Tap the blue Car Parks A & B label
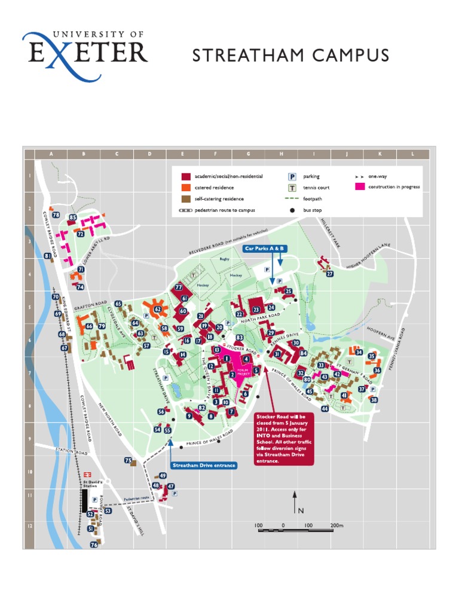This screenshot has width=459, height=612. tap(264, 247)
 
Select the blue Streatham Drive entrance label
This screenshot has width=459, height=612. tap(204, 465)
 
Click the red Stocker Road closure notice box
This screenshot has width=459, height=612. tap(284, 438)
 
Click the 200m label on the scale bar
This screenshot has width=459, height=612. tap(336, 526)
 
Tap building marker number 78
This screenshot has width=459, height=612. tap(56, 215)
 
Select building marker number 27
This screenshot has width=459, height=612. tap(329, 274)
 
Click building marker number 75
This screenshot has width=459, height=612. tap(128, 460)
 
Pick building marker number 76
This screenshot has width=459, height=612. tap(94, 544)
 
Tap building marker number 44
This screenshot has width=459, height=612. tap(325, 409)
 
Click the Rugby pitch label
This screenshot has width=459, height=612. tap(224, 259)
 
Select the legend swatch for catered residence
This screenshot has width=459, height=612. tap(186, 188)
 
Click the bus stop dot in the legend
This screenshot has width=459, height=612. tap(292, 210)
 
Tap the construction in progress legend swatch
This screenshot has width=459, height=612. tap(360, 187)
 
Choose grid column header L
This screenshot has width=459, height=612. tap(412, 154)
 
